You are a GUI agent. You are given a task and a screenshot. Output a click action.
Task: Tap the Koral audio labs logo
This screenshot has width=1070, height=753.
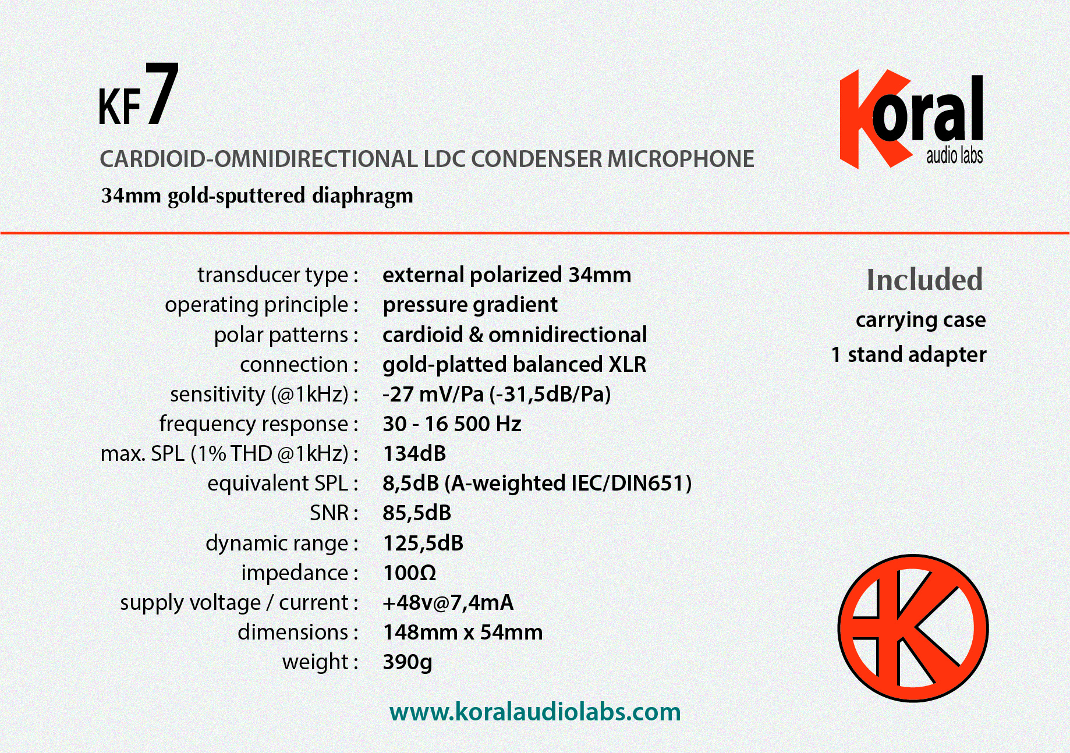(912, 119)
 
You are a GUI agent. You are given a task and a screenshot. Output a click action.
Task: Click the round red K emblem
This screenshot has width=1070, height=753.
(913, 628)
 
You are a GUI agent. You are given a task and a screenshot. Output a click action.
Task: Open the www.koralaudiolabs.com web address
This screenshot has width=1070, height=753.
(535, 712)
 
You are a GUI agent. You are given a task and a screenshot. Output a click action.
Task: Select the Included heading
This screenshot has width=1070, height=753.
(924, 279)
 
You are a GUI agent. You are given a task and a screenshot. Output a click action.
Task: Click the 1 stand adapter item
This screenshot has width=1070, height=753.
(909, 354)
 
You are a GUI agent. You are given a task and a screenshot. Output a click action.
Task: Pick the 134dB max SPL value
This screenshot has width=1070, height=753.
(414, 453)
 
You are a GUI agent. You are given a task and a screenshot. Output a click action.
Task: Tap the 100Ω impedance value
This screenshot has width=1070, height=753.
(409, 573)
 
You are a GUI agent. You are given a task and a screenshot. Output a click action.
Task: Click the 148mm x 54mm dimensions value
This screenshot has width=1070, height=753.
(463, 632)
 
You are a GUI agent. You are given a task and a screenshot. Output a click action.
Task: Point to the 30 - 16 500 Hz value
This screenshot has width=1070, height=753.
(452, 424)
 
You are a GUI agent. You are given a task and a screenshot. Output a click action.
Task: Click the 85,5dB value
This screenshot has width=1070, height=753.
(417, 513)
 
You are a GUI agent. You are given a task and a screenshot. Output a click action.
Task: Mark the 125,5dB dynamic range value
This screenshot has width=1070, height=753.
(423, 543)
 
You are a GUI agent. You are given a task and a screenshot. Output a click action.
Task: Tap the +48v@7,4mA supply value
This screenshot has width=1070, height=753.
(448, 603)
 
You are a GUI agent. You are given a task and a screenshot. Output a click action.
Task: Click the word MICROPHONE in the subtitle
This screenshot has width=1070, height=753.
(681, 159)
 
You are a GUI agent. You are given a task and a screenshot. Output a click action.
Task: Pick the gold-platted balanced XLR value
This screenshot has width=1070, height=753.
(515, 365)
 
